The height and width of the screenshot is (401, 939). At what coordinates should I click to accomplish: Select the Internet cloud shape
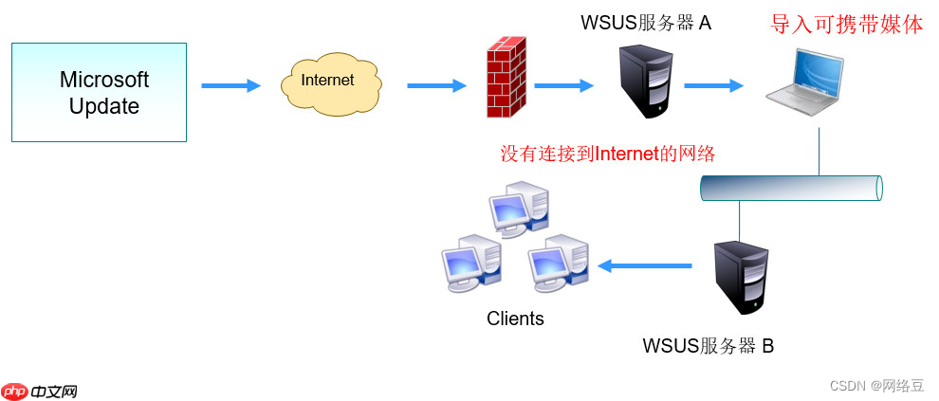(330, 83)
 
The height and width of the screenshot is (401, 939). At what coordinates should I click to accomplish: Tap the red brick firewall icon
(506, 77)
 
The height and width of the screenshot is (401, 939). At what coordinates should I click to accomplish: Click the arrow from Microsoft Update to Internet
(230, 86)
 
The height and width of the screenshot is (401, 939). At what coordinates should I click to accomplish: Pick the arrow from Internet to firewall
(436, 86)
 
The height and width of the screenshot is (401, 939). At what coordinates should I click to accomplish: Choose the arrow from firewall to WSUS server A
(563, 86)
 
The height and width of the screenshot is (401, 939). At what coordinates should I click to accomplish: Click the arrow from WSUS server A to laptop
(713, 86)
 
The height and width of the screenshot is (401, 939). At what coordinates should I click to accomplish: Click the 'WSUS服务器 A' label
(646, 23)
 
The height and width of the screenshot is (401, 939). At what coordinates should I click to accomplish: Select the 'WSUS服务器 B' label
(709, 346)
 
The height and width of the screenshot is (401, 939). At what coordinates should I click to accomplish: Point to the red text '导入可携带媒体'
(846, 25)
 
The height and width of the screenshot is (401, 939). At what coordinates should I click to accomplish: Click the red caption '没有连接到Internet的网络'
(607, 154)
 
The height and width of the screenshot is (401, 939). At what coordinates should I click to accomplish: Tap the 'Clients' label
(515, 319)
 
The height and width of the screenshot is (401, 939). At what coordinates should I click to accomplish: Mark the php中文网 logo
(40, 391)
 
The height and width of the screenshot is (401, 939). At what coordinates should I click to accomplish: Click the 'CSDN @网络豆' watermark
(876, 385)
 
